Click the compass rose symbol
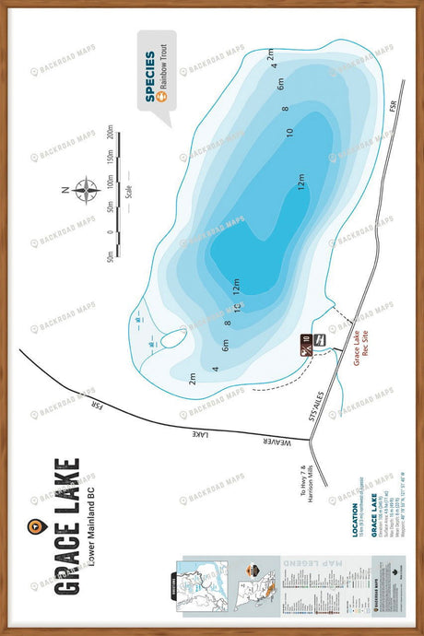point(88,190)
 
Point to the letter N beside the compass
point(65,191)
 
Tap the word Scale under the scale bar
point(129,195)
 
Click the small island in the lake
point(171,337)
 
